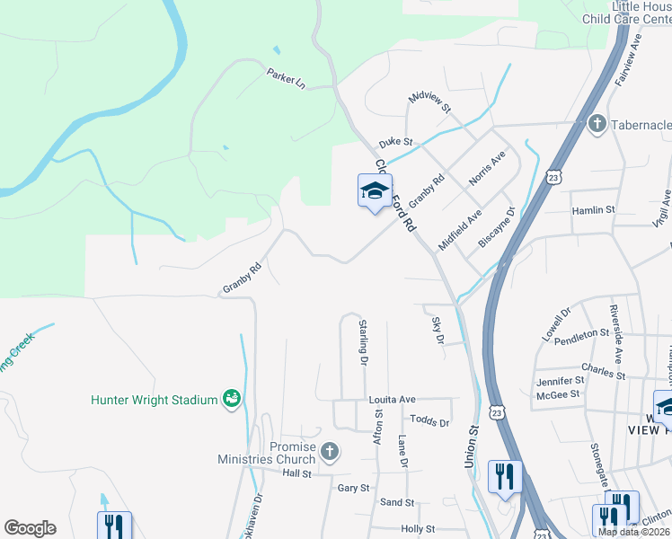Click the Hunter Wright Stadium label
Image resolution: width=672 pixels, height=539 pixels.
click(x=155, y=399)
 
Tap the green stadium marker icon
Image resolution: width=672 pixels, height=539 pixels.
click(x=231, y=397)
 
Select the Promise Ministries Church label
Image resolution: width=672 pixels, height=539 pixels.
click(x=267, y=453)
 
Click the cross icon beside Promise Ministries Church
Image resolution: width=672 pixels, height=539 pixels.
click(x=330, y=451)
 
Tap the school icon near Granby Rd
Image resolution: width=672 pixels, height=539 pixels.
click(x=375, y=190)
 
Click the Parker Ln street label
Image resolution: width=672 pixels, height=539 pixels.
click(x=286, y=78)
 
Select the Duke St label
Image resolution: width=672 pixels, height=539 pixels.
click(x=394, y=142)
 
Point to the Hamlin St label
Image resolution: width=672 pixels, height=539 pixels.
click(x=593, y=209)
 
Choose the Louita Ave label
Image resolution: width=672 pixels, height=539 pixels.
click(x=392, y=399)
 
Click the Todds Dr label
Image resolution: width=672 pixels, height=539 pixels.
click(x=429, y=420)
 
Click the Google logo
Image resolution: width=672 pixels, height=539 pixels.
click(x=30, y=528)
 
